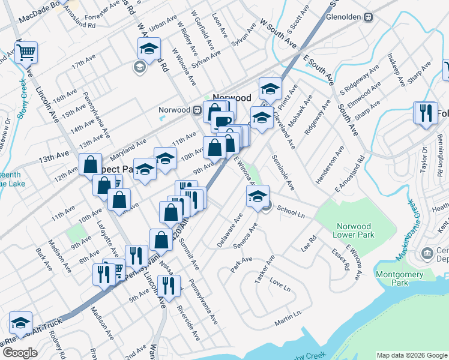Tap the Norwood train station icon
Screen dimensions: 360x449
click(196, 110)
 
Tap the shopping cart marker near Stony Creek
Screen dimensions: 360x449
click(26, 52)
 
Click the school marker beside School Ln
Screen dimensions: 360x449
click(258, 196)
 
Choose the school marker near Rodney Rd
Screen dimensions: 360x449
click(20, 323)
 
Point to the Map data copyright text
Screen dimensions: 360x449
click(412, 355)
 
